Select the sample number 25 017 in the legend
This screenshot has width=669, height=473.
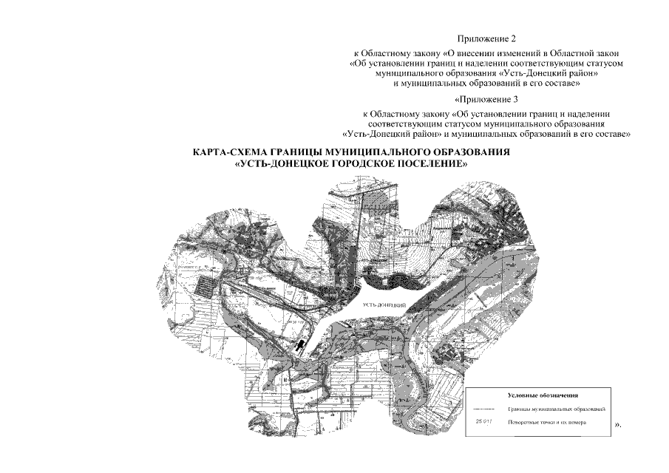click(483, 422)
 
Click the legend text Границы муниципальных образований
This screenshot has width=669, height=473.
click(557, 409)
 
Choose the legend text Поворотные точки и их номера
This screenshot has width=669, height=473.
click(546, 422)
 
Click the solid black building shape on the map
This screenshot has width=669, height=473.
click(301, 346)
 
